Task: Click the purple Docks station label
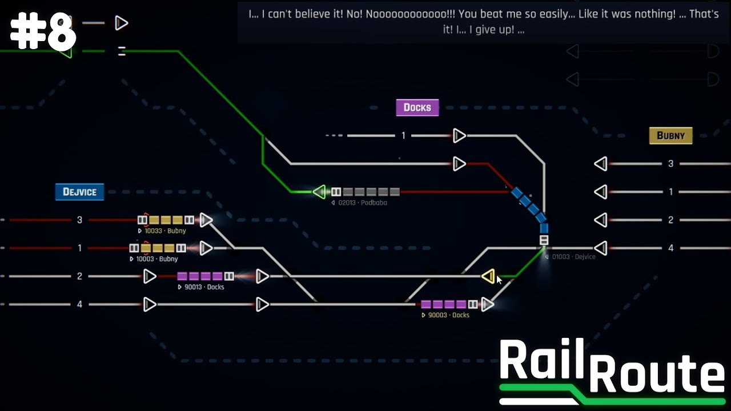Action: click(417, 107)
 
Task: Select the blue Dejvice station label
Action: click(79, 192)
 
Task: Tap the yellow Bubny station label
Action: click(670, 135)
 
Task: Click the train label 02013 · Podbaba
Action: click(362, 203)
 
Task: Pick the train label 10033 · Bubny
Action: click(164, 231)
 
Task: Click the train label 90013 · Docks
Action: click(204, 287)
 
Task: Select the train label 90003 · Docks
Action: click(448, 315)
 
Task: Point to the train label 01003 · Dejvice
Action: click(573, 257)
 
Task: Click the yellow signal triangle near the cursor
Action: click(488, 277)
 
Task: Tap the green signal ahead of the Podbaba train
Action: click(319, 192)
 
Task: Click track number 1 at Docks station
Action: click(403, 136)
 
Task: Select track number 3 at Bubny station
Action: click(670, 164)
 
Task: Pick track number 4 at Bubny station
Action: click(670, 248)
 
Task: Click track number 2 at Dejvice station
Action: click(79, 276)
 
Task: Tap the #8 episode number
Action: click(43, 33)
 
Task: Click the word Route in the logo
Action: click(657, 376)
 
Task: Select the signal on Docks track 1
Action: click(459, 136)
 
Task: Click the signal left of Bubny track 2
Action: click(600, 220)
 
